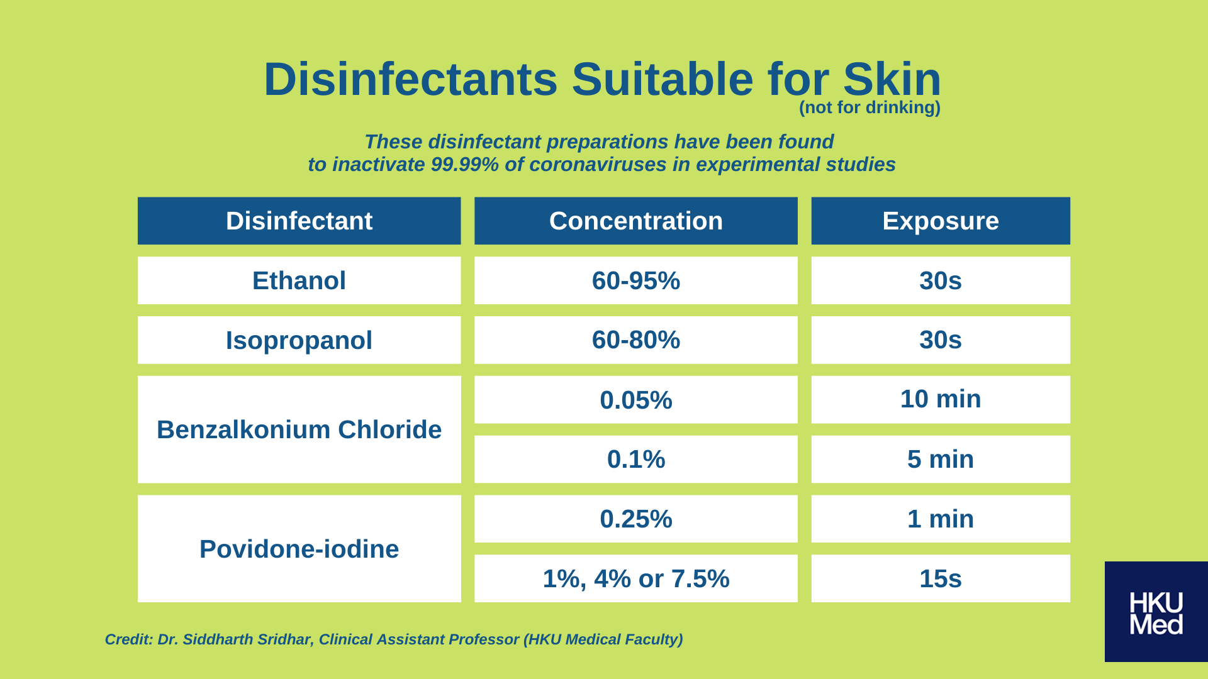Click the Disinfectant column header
(299, 221)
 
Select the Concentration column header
(635, 221)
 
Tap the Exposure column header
(941, 221)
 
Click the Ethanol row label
(299, 280)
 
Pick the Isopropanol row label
(299, 340)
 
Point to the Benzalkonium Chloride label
(299, 429)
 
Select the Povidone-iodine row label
(299, 549)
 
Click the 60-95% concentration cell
(635, 280)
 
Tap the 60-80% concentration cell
(635, 340)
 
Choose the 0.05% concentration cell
(635, 400)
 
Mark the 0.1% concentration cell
(635, 460)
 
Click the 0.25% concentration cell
(635, 519)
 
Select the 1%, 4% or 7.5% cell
(635, 578)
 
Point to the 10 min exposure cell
(941, 400)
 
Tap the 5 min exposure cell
(941, 460)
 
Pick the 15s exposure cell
(941, 578)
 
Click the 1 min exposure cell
(941, 519)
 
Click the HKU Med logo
(1156, 612)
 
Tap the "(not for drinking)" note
(870, 108)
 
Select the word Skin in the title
(892, 79)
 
